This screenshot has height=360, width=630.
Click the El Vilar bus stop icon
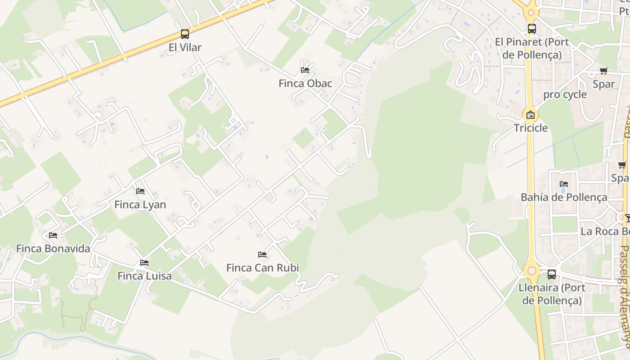tap(184, 34)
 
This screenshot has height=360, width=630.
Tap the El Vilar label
tap(184, 47)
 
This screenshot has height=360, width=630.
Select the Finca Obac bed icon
tap(305, 70)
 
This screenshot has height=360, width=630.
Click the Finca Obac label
tap(305, 83)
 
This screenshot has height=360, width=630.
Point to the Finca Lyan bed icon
tap(140, 191)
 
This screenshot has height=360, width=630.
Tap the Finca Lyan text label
tap(140, 205)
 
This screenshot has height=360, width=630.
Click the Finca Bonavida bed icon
tap(53, 235)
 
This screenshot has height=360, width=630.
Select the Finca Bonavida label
tap(53, 248)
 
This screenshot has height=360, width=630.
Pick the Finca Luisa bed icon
tap(144, 262)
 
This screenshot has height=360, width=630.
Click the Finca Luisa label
tap(144, 276)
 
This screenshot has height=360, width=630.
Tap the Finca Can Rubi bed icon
tap(262, 255)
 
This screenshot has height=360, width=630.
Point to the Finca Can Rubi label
tap(262, 268)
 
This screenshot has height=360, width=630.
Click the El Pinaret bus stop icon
tap(532, 29)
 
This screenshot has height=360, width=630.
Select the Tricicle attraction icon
tap(531, 115)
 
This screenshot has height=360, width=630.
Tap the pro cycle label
tap(565, 94)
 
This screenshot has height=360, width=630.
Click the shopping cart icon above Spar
tap(603, 71)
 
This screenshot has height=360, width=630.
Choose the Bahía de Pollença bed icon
tap(563, 184)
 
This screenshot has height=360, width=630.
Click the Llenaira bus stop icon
tap(552, 274)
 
